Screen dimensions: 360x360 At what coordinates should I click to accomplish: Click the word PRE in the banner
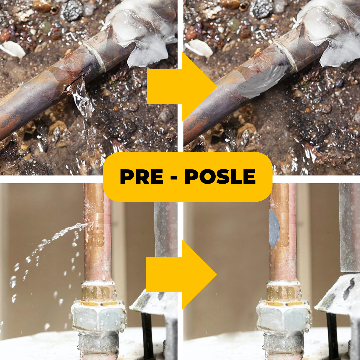tap(141, 177)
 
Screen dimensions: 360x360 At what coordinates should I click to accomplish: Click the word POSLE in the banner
tap(220, 177)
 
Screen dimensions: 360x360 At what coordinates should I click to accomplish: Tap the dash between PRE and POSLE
tap(174, 177)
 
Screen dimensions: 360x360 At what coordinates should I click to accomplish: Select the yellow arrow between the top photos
tap(182, 87)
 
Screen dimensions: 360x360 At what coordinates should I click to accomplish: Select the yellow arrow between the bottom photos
tap(182, 274)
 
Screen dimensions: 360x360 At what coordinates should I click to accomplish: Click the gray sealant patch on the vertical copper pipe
tap(274, 228)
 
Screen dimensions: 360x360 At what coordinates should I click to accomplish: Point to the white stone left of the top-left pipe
tap(13, 49)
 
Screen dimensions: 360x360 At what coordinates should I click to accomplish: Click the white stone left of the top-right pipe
tap(199, 48)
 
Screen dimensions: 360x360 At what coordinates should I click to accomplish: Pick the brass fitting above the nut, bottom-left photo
tap(98, 292)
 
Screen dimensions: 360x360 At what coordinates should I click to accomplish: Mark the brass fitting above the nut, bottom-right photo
tap(284, 292)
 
